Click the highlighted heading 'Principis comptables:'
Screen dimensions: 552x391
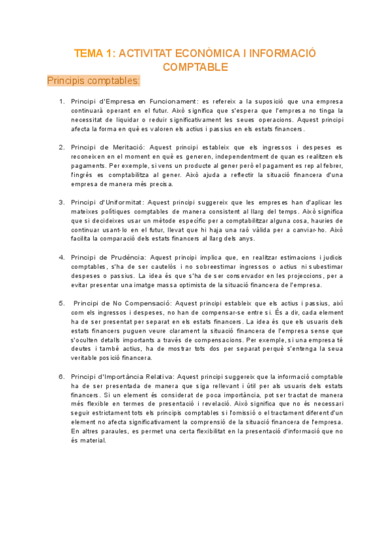pos(93,81)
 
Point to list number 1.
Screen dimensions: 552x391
pos(62,102)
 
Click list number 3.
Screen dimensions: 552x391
pos(62,202)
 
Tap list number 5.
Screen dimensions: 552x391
pos(62,303)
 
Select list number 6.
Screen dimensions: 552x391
pos(62,376)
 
